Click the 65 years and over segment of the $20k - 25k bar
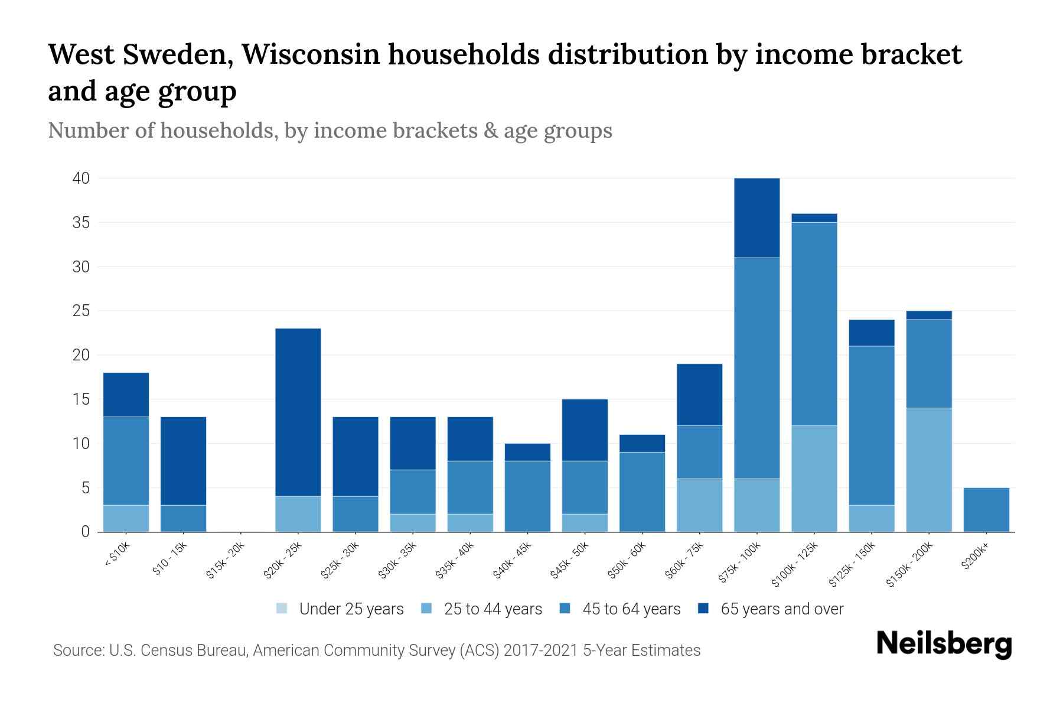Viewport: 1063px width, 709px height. (x=298, y=412)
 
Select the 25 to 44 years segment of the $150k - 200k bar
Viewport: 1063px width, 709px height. (x=929, y=470)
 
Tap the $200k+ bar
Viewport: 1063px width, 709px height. (x=986, y=509)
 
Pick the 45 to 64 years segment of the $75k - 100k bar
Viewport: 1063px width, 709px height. (x=757, y=367)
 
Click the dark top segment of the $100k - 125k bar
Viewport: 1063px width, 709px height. (x=814, y=218)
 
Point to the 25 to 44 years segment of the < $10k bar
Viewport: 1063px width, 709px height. (x=126, y=518)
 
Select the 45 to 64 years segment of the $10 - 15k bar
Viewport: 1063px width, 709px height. (x=184, y=518)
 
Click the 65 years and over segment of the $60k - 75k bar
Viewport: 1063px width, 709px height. (x=699, y=395)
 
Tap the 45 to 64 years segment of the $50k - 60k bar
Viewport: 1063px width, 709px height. (x=642, y=492)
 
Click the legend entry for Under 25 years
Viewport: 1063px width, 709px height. (x=340, y=609)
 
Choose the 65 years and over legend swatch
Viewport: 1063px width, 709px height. (x=703, y=609)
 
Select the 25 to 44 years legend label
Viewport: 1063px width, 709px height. (x=493, y=609)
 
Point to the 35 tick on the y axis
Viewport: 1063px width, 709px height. (x=81, y=223)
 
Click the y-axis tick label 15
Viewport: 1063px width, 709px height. (x=81, y=399)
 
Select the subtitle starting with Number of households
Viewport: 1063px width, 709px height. (x=330, y=130)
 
